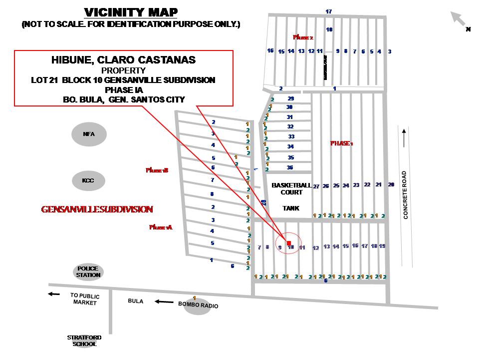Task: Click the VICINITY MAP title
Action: click(x=131, y=12)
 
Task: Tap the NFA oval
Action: click(x=89, y=134)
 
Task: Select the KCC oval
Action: click(x=88, y=180)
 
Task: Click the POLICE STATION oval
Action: click(x=89, y=272)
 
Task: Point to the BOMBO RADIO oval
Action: click(x=198, y=305)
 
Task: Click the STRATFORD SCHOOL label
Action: click(x=82, y=340)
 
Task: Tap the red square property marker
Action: click(x=289, y=243)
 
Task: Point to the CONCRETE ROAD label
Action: click(x=406, y=195)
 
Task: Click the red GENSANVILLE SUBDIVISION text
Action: click(x=97, y=209)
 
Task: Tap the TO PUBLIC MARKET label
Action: click(x=85, y=299)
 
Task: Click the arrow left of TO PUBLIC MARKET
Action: click(x=53, y=294)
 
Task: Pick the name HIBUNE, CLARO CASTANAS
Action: click(x=123, y=60)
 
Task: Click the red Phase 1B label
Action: click(x=157, y=170)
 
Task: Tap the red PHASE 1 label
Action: click(x=342, y=143)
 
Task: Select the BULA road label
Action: click(x=135, y=301)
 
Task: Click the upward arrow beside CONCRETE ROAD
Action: click(x=403, y=137)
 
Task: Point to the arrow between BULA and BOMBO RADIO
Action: click(x=163, y=301)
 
